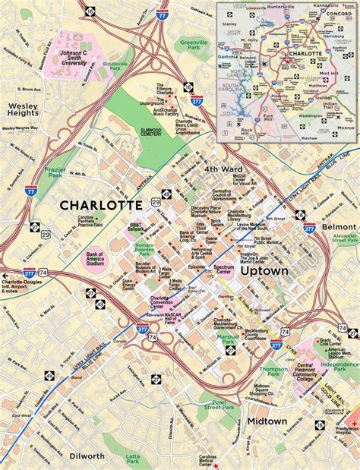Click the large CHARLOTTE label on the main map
point(100,205)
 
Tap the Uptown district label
point(267,270)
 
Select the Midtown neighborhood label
point(267,421)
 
